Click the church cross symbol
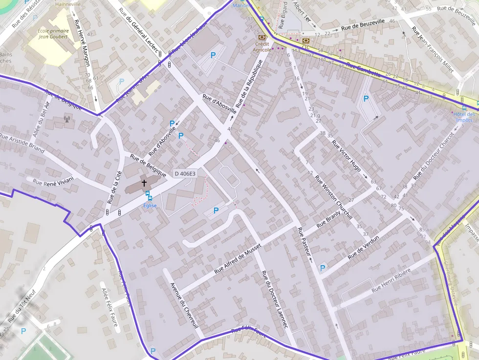[144, 183]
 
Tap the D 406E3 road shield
[185, 173]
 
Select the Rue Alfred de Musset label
[238, 259]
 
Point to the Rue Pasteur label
[304, 241]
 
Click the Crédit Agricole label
[262, 46]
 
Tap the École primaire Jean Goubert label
[53, 33]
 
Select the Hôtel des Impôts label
[464, 117]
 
